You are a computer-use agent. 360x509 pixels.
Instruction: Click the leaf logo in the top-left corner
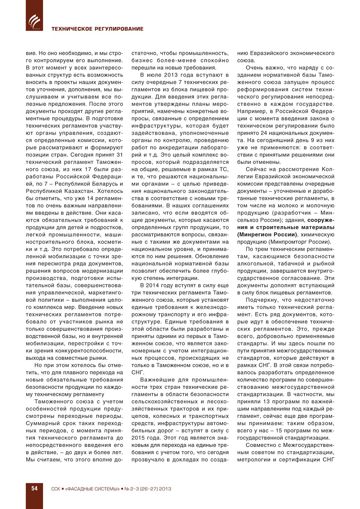(x=34, y=21)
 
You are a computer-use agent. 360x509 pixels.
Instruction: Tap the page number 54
(x=34, y=488)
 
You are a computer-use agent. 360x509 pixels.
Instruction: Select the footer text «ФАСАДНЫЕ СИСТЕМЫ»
(x=92, y=489)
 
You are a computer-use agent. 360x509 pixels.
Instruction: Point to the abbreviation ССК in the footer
(x=55, y=489)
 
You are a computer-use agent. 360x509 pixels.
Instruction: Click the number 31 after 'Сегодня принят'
(x=119, y=155)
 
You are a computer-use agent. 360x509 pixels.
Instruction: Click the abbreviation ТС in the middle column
(x=224, y=169)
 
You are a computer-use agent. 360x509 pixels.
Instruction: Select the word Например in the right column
(x=250, y=111)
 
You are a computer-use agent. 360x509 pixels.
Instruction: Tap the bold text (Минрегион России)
(x=267, y=234)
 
